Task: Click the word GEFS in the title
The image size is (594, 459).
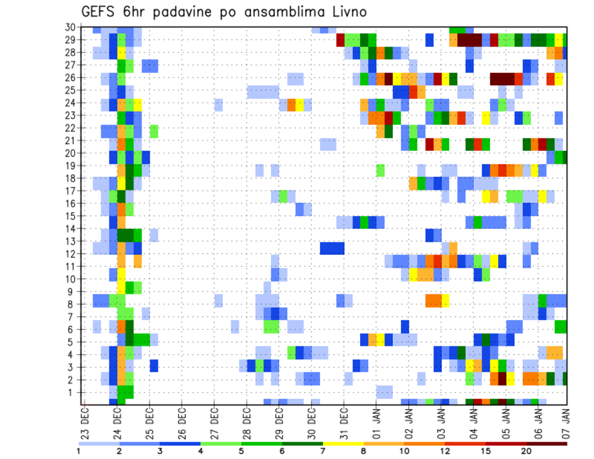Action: click(98, 12)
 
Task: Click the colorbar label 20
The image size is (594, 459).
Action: click(527, 451)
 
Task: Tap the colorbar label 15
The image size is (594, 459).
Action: click(486, 451)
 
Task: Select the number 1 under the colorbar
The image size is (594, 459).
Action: click(79, 451)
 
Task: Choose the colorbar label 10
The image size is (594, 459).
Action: click(404, 451)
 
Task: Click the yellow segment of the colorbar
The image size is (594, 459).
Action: click(343, 444)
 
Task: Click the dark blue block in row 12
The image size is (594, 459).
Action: click(332, 248)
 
